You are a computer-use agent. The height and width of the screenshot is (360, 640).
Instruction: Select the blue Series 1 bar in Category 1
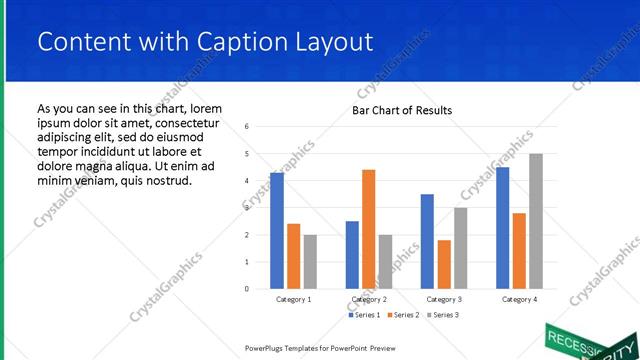[277, 230]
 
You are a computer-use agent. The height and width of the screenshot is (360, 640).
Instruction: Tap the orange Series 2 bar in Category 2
[368, 229]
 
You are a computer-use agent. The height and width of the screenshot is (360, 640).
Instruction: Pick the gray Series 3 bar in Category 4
[536, 221]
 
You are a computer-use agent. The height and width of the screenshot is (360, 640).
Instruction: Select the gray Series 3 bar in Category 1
[311, 261]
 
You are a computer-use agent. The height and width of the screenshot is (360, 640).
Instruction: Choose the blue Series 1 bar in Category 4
[502, 227]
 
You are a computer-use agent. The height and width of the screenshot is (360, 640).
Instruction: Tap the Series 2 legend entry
[403, 315]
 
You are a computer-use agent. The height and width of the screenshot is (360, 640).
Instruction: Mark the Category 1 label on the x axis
[294, 299]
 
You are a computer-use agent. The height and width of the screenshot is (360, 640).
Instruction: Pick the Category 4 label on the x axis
[519, 299]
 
